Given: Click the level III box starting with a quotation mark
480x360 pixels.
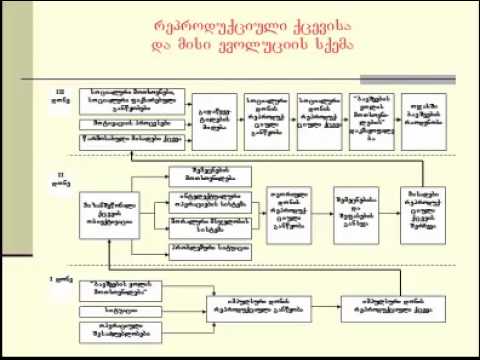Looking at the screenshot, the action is tap(371, 123).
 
